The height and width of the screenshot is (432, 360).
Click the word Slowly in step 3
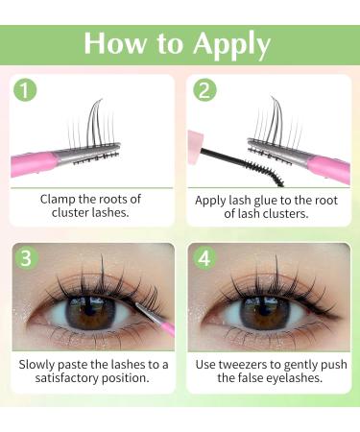point(42,366)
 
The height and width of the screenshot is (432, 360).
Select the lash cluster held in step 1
point(96,125)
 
